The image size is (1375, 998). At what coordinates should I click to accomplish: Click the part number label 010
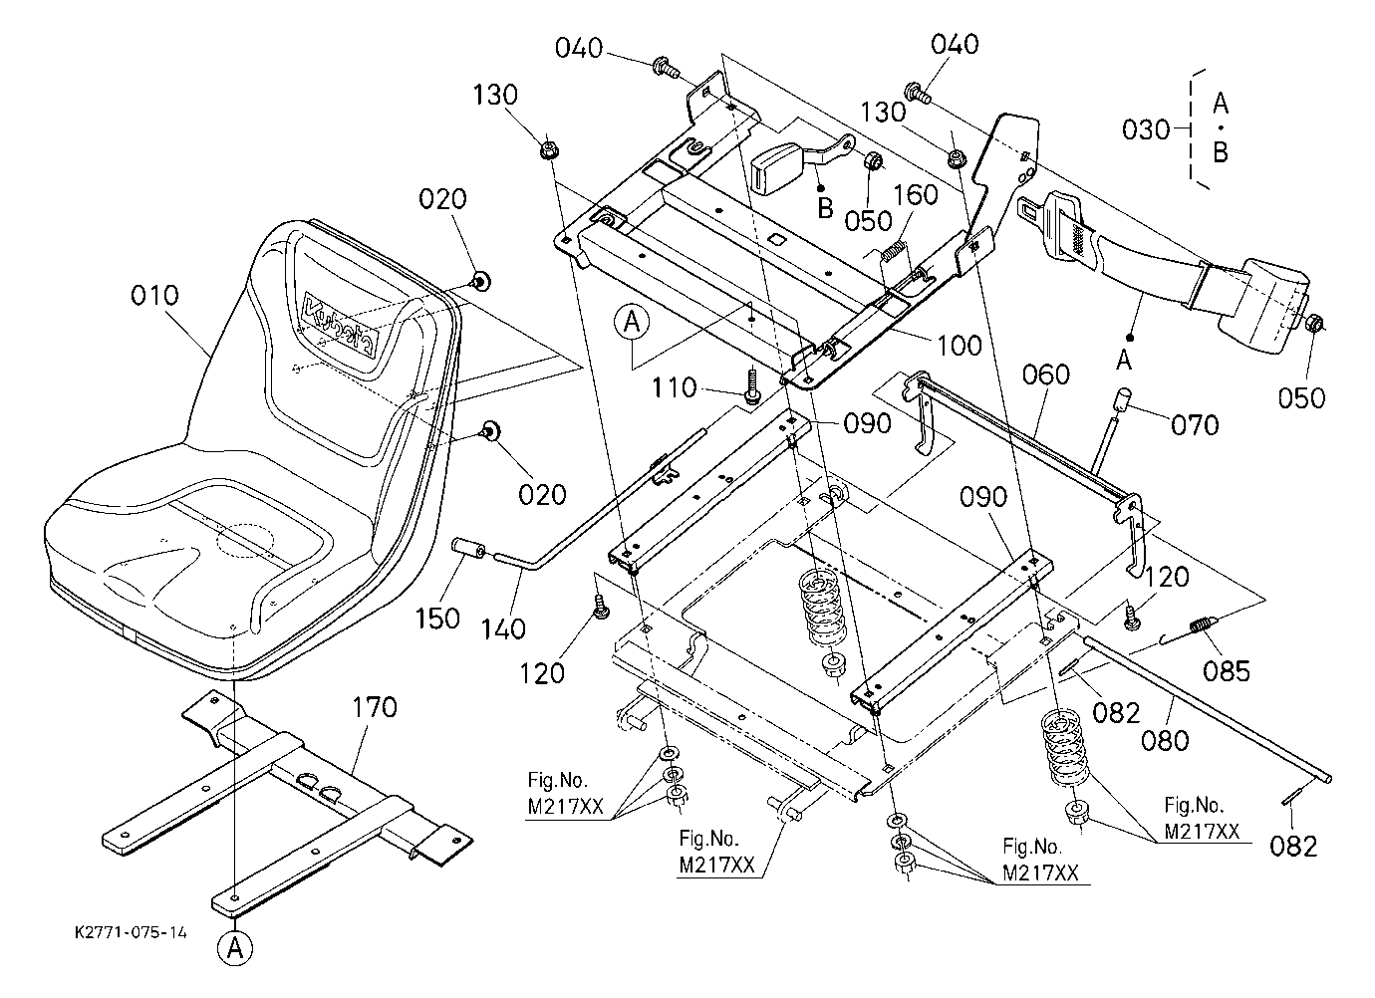(154, 295)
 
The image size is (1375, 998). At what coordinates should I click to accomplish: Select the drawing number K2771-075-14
(131, 933)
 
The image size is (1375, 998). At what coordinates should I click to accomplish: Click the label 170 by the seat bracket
(375, 707)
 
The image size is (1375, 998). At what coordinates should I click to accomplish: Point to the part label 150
(437, 619)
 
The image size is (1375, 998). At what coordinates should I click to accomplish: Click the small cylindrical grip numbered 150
(468, 547)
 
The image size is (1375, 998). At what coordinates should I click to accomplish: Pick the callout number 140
(503, 628)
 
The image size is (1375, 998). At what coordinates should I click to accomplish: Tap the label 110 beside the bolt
(674, 387)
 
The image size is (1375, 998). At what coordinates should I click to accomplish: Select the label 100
(961, 346)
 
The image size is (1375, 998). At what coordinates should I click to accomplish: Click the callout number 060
(1046, 374)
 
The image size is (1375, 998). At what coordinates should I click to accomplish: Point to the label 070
(1195, 425)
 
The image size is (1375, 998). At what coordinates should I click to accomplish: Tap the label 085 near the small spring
(1227, 671)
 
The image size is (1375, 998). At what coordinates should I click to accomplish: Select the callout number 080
(1165, 740)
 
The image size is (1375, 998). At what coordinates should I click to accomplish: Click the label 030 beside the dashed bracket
(1146, 129)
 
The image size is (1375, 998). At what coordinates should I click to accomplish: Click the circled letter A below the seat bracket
(236, 949)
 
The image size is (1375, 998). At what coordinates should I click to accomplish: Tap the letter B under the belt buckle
(826, 209)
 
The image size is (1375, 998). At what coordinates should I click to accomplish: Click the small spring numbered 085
(1201, 627)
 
